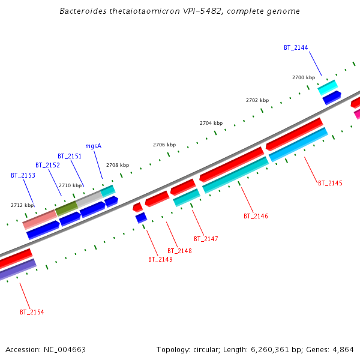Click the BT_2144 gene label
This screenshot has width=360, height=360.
tap(296, 47)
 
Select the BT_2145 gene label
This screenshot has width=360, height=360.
tap(330, 183)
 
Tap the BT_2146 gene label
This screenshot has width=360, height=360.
tap(256, 216)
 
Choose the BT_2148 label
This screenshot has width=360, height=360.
tap(179, 251)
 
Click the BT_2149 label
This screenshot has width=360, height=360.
tap(160, 259)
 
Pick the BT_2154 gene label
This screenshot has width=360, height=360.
tap(32, 312)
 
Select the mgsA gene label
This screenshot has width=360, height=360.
tap(93, 146)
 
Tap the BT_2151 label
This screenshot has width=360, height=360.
tap(70, 156)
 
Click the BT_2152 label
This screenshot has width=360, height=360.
tap(47, 165)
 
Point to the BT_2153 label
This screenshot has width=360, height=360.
tap(23, 175)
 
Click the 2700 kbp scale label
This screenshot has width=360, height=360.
tap(303, 77)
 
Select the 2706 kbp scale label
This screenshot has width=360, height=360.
tap(164, 145)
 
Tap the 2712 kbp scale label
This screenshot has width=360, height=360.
tap(22, 205)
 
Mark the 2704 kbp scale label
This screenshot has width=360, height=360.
tap(211, 123)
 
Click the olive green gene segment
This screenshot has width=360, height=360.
tap(67, 208)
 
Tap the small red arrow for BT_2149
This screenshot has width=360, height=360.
tap(137, 207)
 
